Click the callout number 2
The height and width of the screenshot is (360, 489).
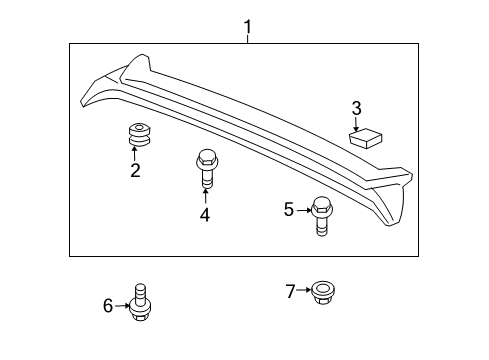pyautogui.click(x=135, y=170)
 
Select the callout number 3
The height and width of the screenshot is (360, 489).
pyautogui.click(x=355, y=107)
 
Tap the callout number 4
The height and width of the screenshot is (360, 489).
pyautogui.click(x=204, y=214)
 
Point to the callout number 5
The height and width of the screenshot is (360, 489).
pyautogui.click(x=288, y=209)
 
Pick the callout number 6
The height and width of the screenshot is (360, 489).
pyautogui.click(x=108, y=306)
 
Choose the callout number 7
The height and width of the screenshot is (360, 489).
pyautogui.click(x=290, y=291)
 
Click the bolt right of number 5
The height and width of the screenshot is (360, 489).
pyautogui.click(x=322, y=216)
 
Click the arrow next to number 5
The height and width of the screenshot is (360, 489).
pyautogui.click(x=303, y=209)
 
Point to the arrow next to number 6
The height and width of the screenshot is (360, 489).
pyautogui.click(x=122, y=306)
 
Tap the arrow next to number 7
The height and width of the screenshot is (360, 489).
pyautogui.click(x=304, y=291)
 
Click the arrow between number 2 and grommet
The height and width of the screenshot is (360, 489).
pyautogui.click(x=135, y=152)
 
